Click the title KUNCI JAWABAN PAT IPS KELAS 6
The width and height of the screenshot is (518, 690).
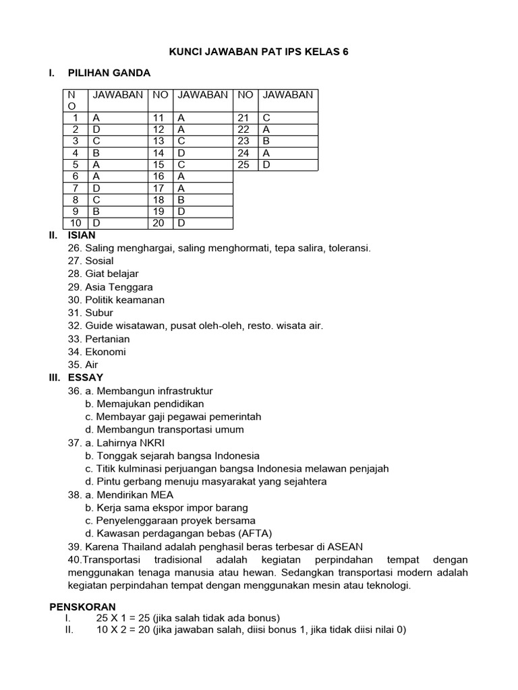pos(258,51)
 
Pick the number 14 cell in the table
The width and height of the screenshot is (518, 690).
pos(159,153)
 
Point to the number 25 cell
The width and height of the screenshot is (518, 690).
pos(243,164)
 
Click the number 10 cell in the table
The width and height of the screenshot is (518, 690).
pos(76,223)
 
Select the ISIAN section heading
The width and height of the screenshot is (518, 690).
pos(82,235)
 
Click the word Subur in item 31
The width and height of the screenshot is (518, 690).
pos(99,313)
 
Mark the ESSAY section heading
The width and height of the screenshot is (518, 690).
pos(85,377)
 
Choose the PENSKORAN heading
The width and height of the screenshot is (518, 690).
pos(83,606)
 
